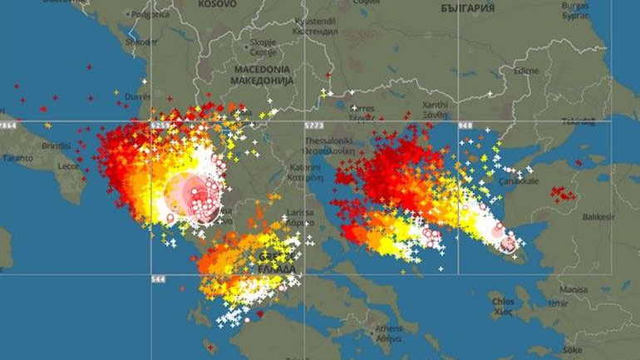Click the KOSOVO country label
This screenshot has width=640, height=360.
(218, 4)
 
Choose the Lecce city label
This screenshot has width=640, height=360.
(69, 166)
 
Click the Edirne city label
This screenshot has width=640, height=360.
(526, 70)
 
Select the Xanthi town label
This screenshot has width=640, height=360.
(434, 105)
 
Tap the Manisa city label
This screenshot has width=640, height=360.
(573, 291)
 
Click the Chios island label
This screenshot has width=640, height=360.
(503, 301)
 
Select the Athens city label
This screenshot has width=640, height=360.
(388, 328)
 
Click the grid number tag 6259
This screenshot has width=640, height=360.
(160, 125)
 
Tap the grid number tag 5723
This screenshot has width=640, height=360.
(313, 125)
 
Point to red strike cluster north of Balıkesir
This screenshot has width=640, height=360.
(563, 194)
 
